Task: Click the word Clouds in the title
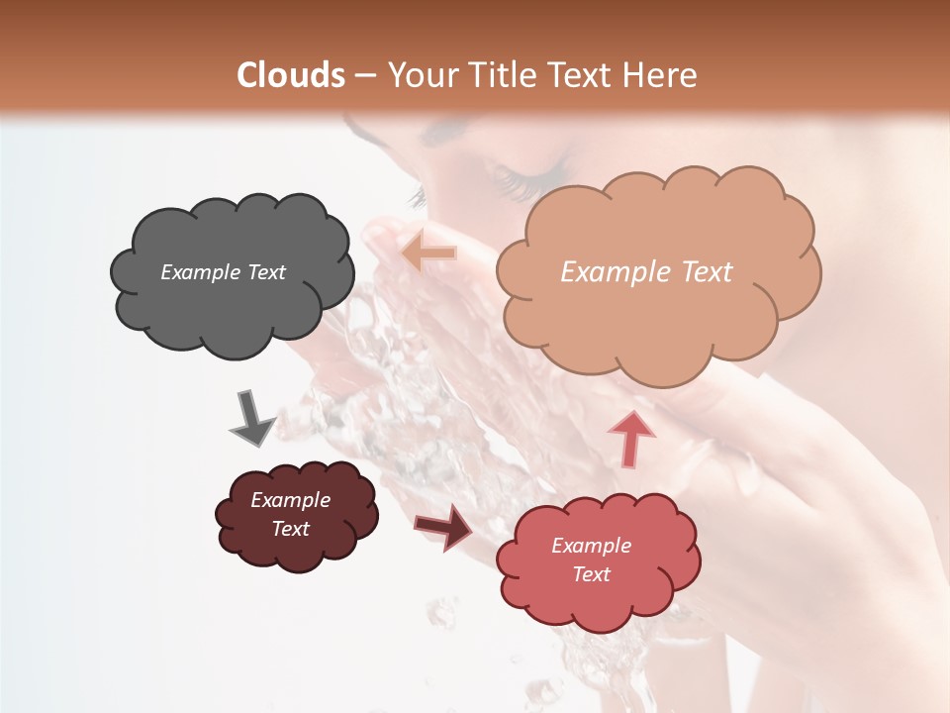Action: click(x=292, y=75)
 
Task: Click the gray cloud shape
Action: click(x=233, y=297)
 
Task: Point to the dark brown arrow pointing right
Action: click(x=443, y=526)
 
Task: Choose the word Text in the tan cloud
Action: click(x=701, y=272)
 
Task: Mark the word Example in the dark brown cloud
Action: click(x=290, y=500)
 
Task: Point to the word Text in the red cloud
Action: click(x=591, y=574)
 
